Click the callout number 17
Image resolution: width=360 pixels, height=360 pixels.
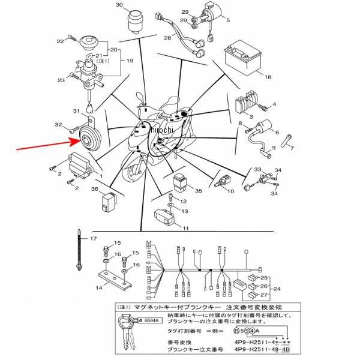pyautogui.click(x=93, y=239)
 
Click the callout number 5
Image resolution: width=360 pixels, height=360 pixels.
pyautogui.click(x=228, y=20)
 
